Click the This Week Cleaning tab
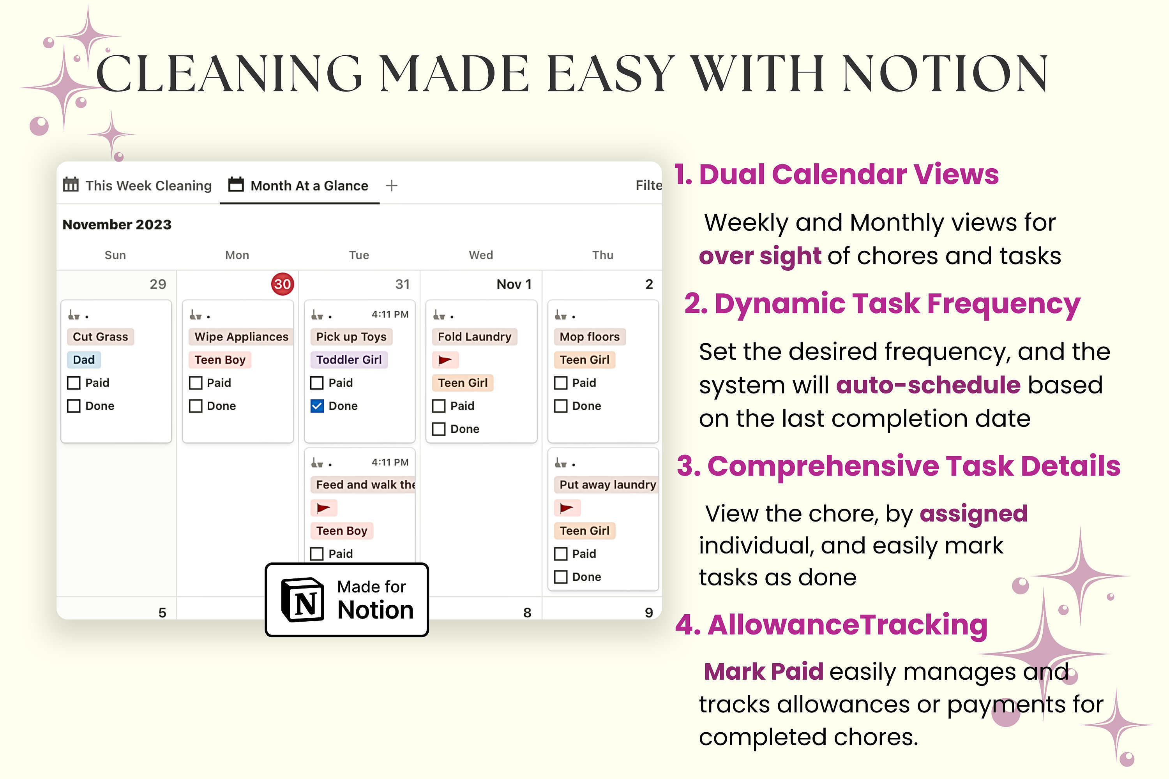coord(138,185)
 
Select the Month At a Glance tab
coord(299,185)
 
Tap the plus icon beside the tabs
coord(392,185)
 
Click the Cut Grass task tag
coord(101,337)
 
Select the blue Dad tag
coord(83,360)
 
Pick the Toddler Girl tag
coord(349,360)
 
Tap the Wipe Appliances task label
coord(241,337)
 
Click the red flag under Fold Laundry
coord(445,360)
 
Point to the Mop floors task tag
coord(590,337)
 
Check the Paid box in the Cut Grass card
coord(74,383)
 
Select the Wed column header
coord(480,255)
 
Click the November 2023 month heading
coord(117,225)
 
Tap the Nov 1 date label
coord(514,284)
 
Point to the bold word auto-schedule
coord(928,385)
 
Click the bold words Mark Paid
coord(763,671)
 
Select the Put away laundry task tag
coord(607,485)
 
